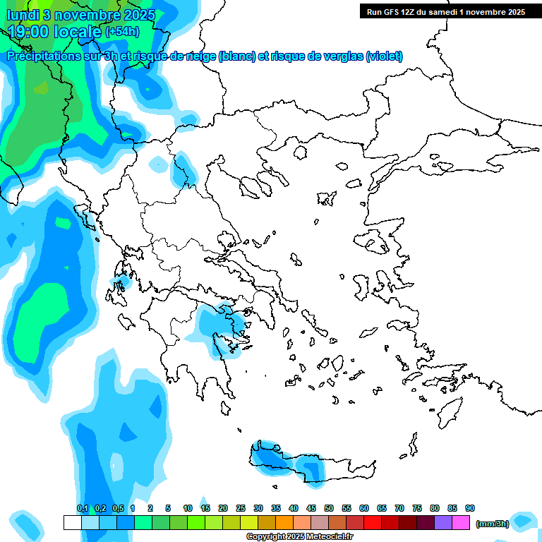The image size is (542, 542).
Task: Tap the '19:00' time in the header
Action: coord(29,31)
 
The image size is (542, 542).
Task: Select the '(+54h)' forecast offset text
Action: coord(122,32)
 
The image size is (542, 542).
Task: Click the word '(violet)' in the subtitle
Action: coord(384,56)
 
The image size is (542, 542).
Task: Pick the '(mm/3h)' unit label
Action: coord(493,524)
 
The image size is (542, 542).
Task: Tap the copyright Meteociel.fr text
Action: coord(299,537)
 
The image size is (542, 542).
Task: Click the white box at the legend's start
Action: coord(72,523)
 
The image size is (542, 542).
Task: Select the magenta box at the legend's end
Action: coord(461,523)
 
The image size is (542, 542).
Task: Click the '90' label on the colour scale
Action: coord(470,509)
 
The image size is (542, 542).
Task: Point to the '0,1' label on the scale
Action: coord(82,509)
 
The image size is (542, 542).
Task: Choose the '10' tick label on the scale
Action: coord(188,509)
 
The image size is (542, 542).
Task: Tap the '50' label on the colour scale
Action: coord(329,509)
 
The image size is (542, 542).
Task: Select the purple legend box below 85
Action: coord(443,523)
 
